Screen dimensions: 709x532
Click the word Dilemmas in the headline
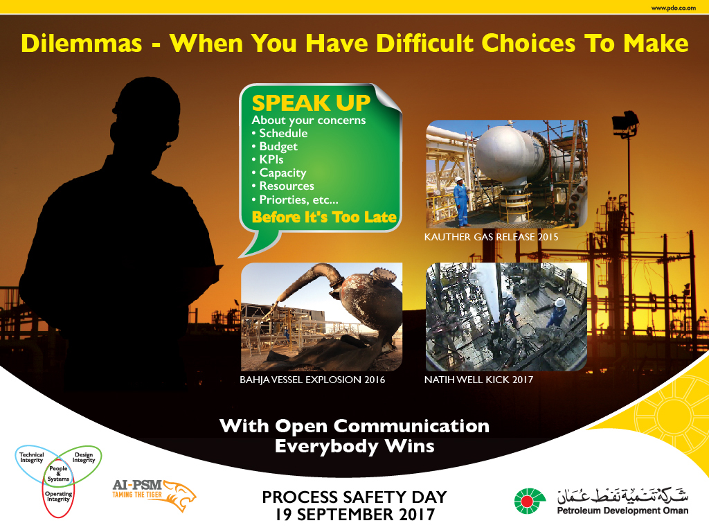(x=82, y=44)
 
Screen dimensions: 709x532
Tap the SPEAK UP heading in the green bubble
(x=311, y=103)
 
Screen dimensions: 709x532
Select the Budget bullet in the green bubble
(x=274, y=147)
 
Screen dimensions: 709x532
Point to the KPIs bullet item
(x=268, y=160)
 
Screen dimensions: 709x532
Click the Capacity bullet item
(x=279, y=172)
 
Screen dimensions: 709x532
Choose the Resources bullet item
(x=282, y=186)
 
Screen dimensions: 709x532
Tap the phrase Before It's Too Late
(x=324, y=217)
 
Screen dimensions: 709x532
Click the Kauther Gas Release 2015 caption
(x=491, y=237)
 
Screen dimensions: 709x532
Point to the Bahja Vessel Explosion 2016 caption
(x=312, y=380)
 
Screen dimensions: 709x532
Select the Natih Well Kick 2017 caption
(x=478, y=380)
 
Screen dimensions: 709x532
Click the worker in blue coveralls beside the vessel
(x=461, y=202)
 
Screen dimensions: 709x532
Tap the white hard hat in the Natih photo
(x=559, y=303)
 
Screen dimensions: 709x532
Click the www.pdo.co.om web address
(x=673, y=8)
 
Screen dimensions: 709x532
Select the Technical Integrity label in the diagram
(x=32, y=457)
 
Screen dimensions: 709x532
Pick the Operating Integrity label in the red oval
(x=58, y=496)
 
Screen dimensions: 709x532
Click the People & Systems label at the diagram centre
(x=58, y=474)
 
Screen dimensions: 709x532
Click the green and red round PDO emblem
(x=530, y=502)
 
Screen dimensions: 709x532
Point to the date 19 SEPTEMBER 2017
(x=355, y=515)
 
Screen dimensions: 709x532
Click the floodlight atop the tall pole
(x=625, y=122)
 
